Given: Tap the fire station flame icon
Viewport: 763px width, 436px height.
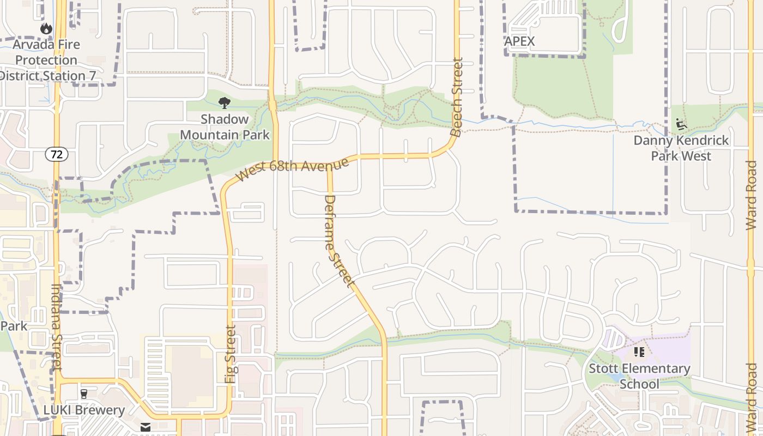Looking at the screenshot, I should point(46,28).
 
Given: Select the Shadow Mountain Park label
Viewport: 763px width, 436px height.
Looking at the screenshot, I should point(225,126).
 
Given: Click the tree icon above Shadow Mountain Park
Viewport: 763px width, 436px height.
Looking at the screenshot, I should point(224,103).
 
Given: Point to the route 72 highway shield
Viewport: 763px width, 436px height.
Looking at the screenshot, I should point(57,154).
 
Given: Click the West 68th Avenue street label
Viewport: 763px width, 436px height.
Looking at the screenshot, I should point(292,169).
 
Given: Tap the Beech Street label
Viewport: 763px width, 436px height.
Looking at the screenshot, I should point(457,98).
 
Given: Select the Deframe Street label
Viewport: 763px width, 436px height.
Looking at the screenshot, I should point(338,241).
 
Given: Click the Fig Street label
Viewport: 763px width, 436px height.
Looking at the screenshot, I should point(231,354).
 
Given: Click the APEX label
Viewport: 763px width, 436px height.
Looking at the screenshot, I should point(519,41).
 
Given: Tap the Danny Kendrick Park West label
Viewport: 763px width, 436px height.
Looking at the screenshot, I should point(681,148).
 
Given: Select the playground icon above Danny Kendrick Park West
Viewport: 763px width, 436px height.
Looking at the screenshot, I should point(681,124).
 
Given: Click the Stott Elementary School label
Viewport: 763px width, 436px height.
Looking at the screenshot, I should point(639,376).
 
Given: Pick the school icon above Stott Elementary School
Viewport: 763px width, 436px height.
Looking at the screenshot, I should point(639,352).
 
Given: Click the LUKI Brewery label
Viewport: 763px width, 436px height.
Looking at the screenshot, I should point(84,410).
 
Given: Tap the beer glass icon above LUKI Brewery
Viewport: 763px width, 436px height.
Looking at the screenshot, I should point(84,393).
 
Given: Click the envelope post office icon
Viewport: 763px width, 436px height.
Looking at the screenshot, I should point(146,427).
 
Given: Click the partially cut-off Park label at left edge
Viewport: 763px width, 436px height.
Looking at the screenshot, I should point(14,326).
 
